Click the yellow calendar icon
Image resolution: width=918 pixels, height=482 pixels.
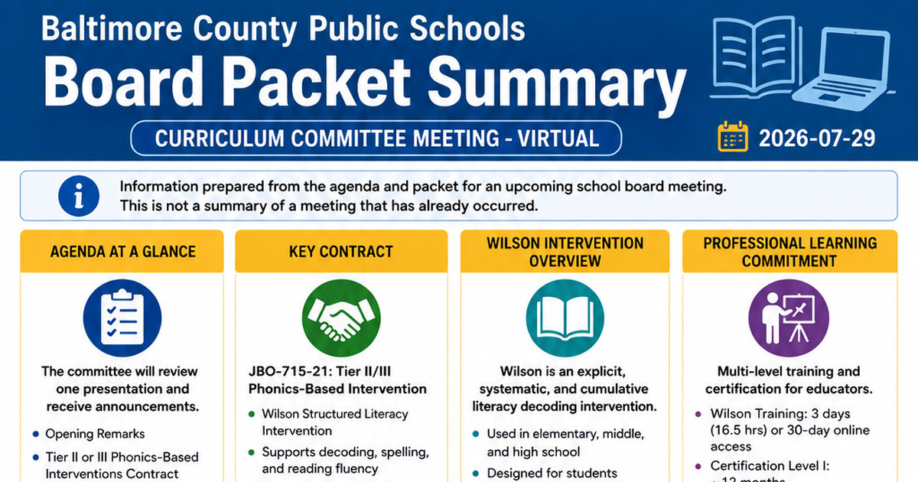click(733, 136)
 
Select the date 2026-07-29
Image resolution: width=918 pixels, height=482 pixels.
click(817, 138)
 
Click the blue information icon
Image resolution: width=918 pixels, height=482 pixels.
click(79, 196)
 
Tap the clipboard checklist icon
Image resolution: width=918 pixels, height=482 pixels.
click(122, 318)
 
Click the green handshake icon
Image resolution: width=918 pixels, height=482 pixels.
click(341, 318)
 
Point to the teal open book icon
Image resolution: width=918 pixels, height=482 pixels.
click(565, 318)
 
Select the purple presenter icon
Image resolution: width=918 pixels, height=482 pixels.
click(789, 318)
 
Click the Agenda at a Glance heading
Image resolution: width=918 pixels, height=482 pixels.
click(122, 251)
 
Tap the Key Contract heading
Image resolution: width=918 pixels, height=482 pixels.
click(341, 251)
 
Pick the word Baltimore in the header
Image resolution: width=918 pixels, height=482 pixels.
click(112, 28)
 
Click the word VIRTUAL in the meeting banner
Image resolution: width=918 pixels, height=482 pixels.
click(558, 138)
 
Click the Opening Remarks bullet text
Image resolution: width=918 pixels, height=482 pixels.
click(95, 434)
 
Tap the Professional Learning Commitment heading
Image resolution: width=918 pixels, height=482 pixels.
click(789, 252)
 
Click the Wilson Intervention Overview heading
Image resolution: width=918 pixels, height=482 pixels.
click(565, 252)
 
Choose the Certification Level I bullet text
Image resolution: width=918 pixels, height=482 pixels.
click(770, 466)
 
